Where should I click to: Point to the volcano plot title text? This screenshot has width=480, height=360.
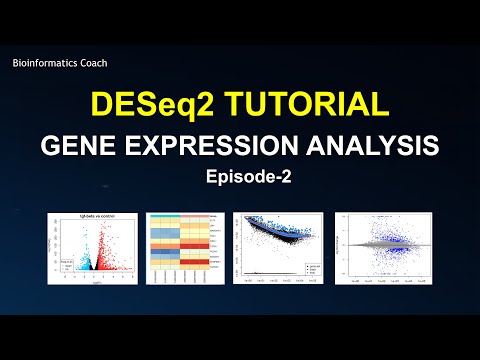pos(92,218)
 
